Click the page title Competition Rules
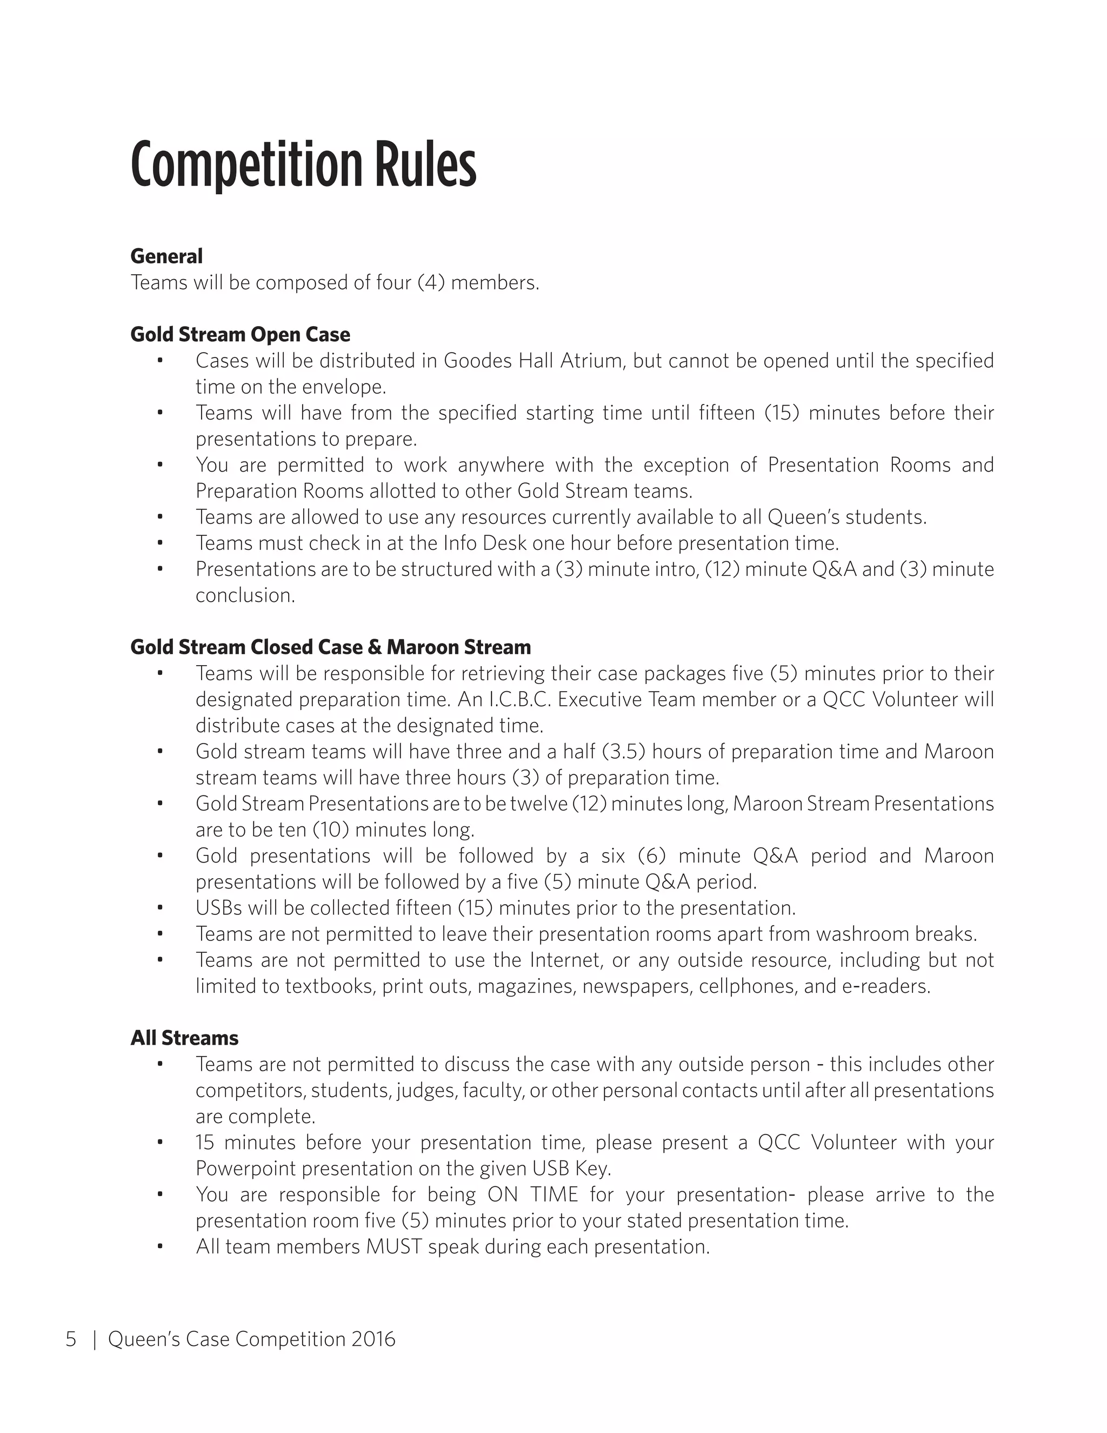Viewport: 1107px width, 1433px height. click(303, 165)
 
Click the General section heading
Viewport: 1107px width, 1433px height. click(166, 256)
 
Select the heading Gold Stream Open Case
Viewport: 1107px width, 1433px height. click(240, 334)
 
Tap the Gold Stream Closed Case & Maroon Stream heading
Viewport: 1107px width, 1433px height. click(330, 647)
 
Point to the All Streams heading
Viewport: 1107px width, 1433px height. click(184, 1037)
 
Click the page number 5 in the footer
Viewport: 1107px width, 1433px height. click(71, 1338)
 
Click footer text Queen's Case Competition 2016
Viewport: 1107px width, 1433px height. click(252, 1338)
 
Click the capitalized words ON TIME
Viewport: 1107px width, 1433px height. click(532, 1194)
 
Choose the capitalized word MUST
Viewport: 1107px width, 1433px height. click(394, 1246)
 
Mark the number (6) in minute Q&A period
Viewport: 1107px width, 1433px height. click(651, 856)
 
